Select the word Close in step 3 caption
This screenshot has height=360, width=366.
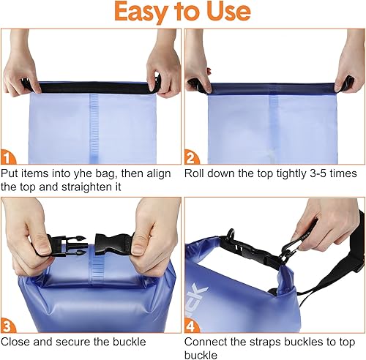tap(16, 341)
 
